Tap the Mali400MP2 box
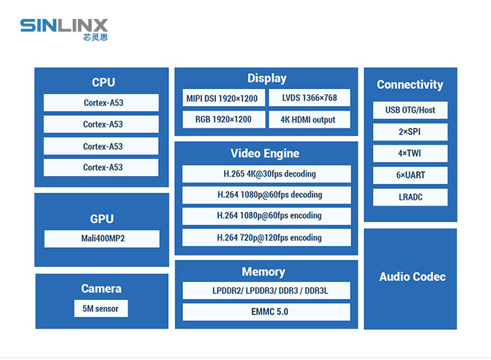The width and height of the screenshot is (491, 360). click(101, 239)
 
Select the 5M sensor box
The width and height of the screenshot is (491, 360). click(101, 309)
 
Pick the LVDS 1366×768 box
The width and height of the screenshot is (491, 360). click(309, 98)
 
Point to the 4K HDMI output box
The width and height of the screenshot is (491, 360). click(309, 120)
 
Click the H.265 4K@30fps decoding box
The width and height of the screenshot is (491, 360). click(266, 174)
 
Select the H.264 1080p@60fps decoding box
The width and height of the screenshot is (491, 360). click(266, 195)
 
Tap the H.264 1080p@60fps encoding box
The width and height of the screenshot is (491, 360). click(266, 216)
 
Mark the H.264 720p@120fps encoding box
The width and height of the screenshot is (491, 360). click(266, 238)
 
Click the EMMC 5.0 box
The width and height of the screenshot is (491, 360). click(266, 312)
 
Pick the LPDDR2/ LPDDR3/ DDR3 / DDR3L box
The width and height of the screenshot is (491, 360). click(266, 291)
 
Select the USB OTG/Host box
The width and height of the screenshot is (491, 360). click(410, 110)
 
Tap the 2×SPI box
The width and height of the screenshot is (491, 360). click(410, 132)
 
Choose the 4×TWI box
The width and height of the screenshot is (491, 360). click(410, 154)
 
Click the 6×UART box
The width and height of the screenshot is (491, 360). click(410, 175)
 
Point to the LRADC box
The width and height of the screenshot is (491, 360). click(410, 197)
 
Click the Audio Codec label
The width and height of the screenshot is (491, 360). click(412, 277)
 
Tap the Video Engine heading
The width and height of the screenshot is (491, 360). click(264, 154)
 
